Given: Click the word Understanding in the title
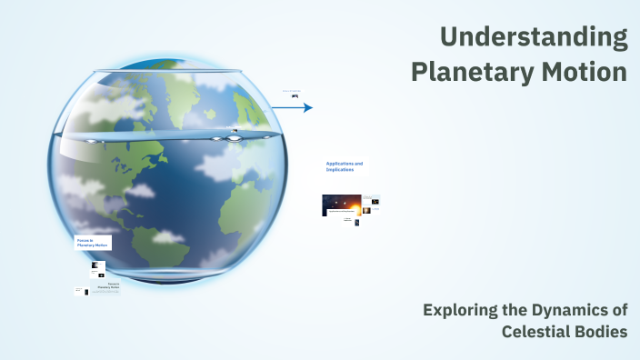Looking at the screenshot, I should click(x=534, y=38).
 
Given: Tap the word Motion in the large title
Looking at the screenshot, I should click(x=585, y=72).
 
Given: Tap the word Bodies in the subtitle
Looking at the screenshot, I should click(x=603, y=332).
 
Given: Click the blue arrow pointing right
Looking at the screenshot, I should click(x=292, y=107).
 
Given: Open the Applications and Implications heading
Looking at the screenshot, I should click(x=345, y=166).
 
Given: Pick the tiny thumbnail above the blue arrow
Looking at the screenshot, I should click(x=295, y=95).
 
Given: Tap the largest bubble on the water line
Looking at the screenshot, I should click(x=235, y=137).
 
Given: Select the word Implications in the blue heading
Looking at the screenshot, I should click(x=340, y=170).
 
